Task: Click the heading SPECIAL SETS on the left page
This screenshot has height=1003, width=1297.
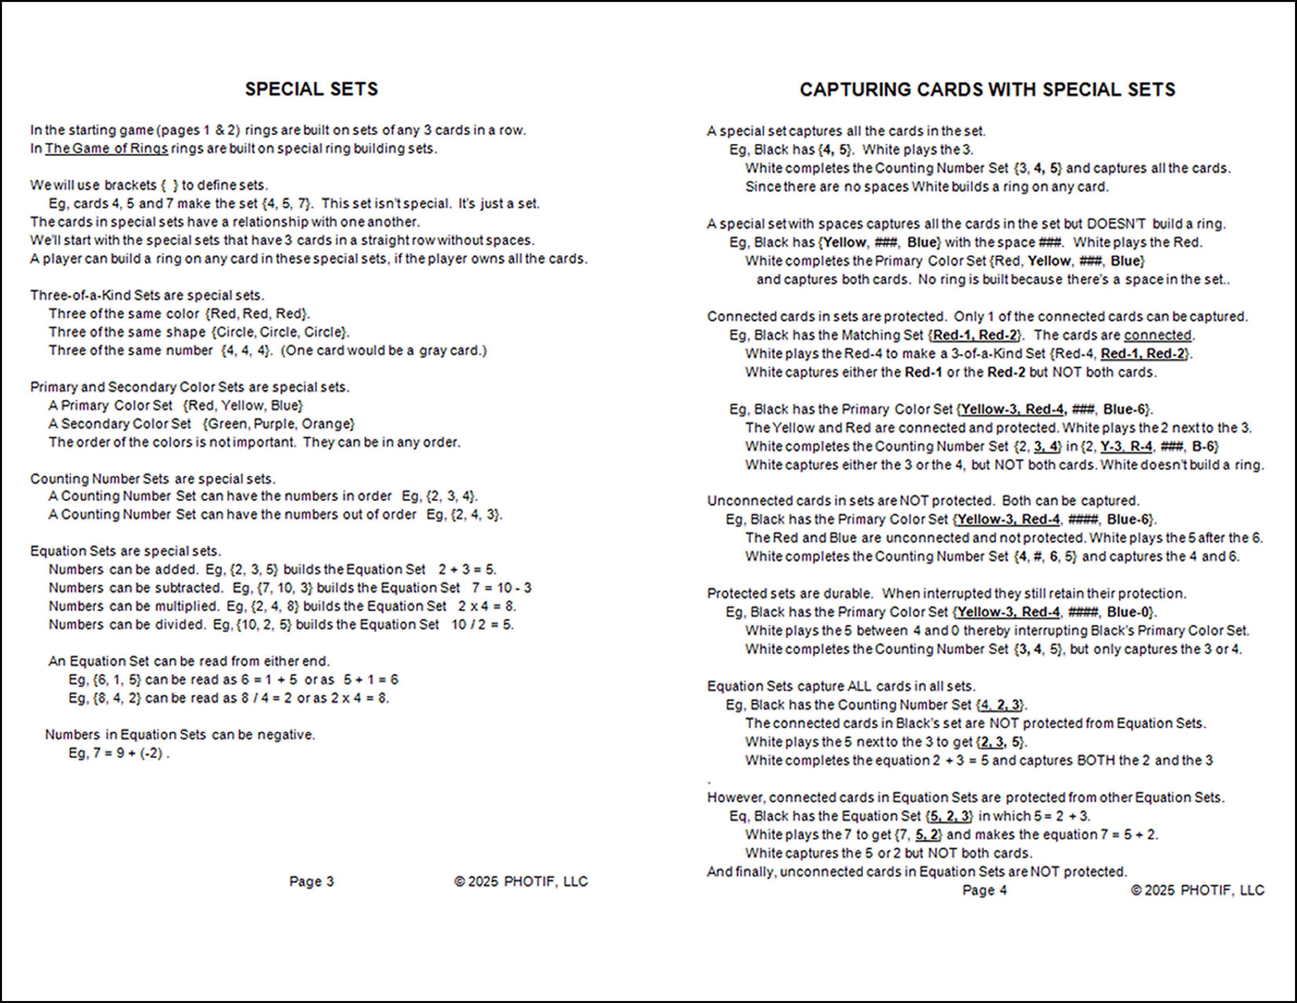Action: point(311,89)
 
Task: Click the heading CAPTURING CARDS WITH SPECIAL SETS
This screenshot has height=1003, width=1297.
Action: point(987,90)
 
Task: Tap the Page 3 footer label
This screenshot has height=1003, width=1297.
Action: point(311,881)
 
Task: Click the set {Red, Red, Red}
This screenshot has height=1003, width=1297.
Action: point(257,314)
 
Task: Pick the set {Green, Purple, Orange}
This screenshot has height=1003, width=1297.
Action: point(279,424)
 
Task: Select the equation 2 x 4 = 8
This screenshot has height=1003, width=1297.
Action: point(487,607)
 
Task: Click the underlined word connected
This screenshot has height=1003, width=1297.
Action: point(1157,335)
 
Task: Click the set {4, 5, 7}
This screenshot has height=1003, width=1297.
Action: point(286,204)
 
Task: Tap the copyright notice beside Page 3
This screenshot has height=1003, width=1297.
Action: point(521,881)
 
